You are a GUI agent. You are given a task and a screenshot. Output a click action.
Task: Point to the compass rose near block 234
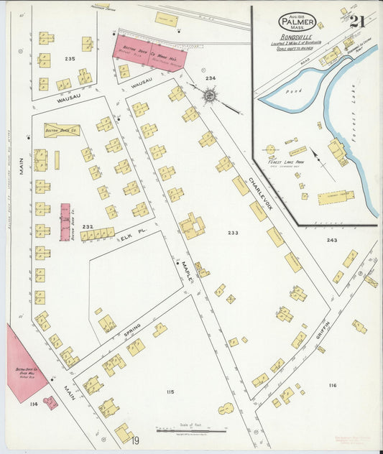210,94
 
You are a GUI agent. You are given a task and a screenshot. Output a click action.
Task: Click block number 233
233,233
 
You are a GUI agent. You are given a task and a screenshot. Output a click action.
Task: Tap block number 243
331,240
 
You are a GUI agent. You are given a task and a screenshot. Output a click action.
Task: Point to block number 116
332,386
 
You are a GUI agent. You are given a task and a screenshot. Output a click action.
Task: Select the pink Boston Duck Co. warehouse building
149,52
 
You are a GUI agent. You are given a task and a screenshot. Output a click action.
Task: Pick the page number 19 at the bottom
135,440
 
